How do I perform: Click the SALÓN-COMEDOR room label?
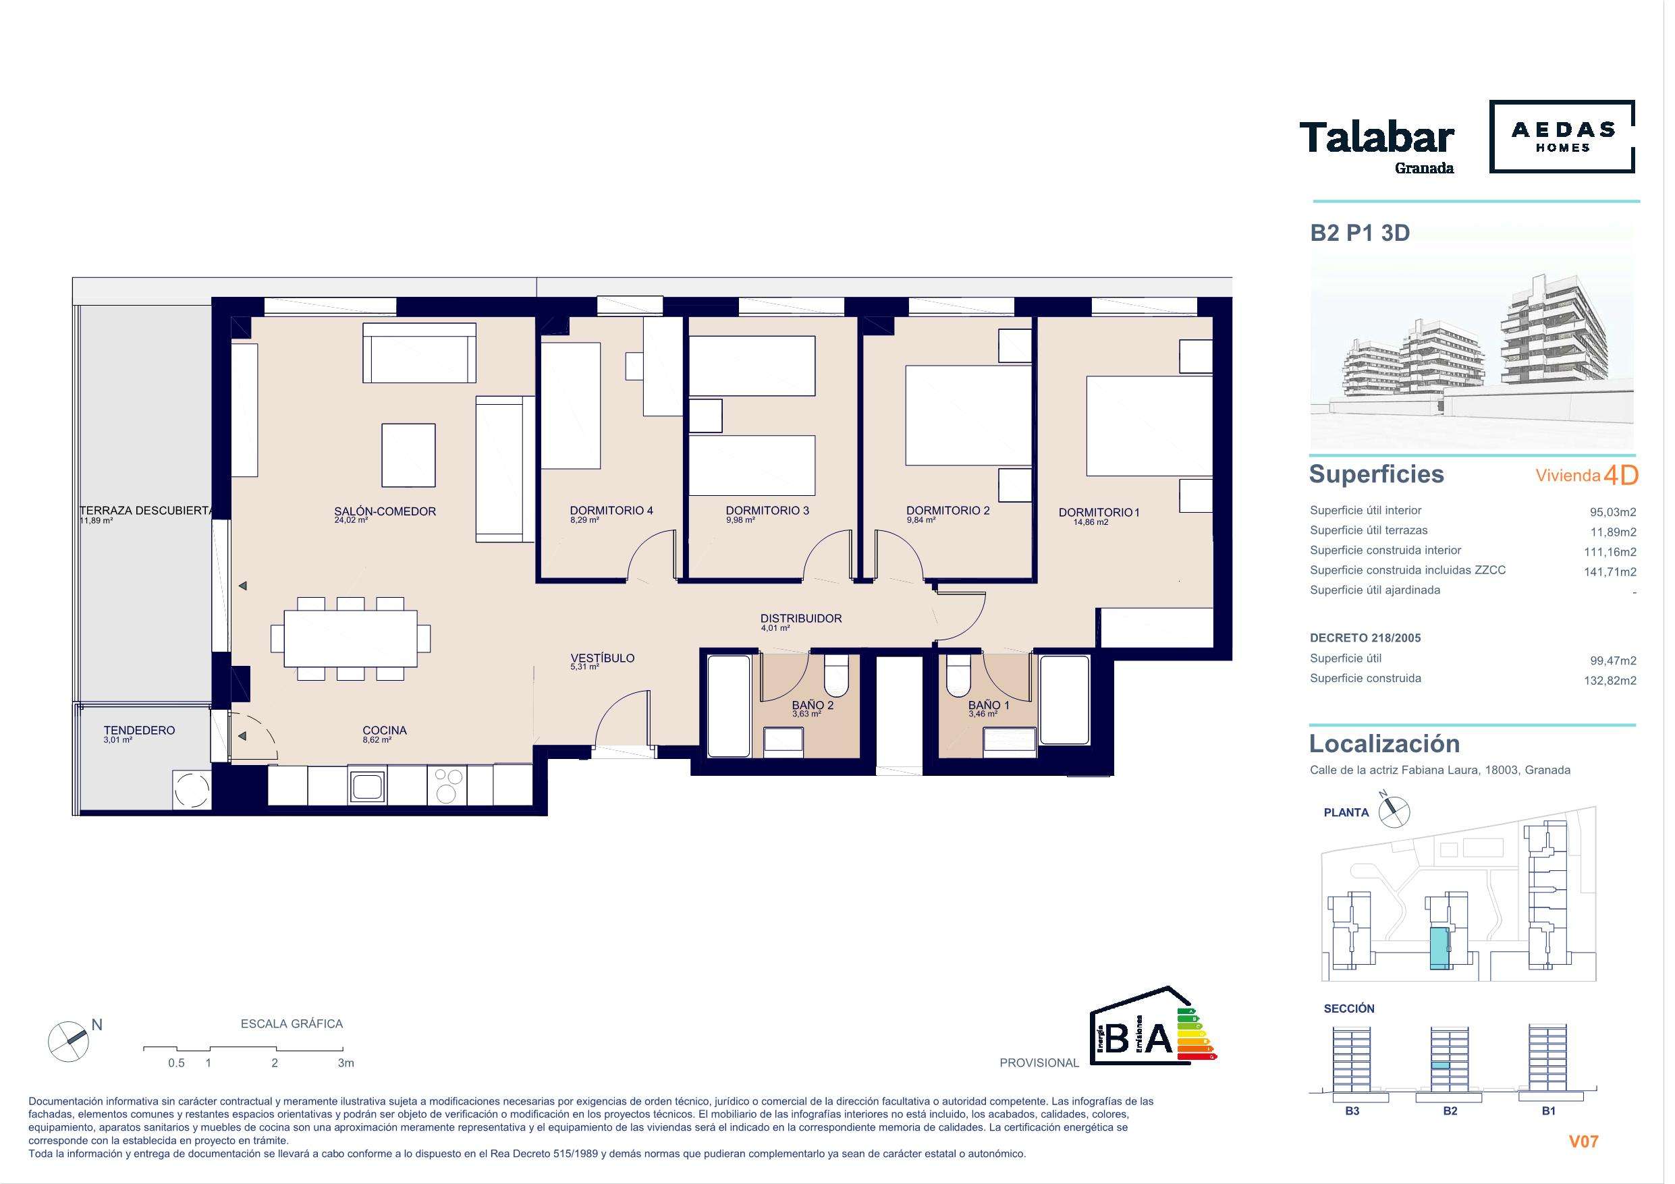385,511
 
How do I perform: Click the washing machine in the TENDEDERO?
192,789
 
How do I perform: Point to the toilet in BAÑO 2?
835,675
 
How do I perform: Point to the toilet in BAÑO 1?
957,675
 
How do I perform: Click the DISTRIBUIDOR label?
801,619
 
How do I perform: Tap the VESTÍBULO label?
603,658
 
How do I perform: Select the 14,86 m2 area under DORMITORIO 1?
1091,522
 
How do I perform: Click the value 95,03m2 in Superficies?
1613,512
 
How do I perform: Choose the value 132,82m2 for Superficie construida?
1610,681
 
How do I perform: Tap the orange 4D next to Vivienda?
1621,476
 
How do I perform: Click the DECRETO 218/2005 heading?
1366,638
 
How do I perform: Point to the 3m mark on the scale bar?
346,1063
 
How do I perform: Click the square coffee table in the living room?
408,455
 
